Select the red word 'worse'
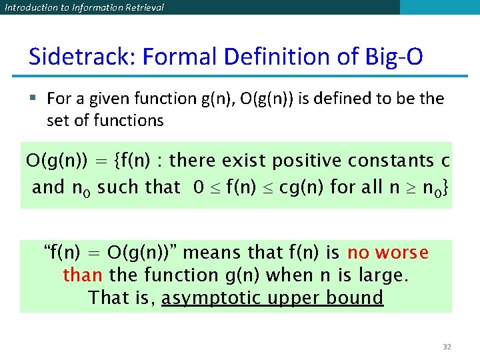point(402,253)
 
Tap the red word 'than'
point(82,275)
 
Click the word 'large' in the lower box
point(382,275)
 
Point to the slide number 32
point(446,347)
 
